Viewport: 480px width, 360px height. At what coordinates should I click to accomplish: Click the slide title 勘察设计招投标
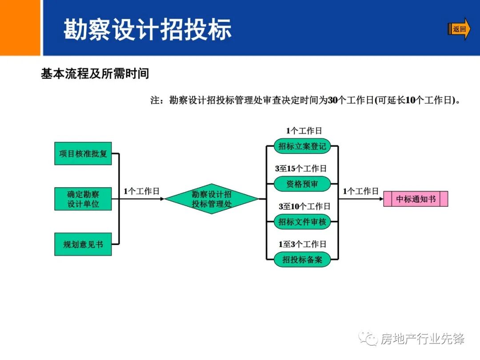[x=148, y=30]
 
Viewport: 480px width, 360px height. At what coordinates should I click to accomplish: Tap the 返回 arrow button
[x=459, y=29]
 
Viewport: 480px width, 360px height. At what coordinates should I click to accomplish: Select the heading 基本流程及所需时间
[x=95, y=73]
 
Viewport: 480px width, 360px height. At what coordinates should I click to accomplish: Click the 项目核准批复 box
[x=83, y=154]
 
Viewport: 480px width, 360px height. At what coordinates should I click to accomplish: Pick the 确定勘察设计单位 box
[x=83, y=199]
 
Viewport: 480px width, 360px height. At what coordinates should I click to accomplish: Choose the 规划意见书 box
[x=83, y=244]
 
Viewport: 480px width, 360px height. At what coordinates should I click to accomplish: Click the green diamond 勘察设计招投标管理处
[x=212, y=199]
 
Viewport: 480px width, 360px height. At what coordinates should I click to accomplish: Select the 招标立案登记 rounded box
[x=302, y=146]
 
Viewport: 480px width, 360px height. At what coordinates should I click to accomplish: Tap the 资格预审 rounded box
[x=302, y=184]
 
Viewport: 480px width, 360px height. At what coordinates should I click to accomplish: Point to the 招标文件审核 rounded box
[x=302, y=221]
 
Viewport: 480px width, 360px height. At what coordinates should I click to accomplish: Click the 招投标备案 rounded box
[x=302, y=259]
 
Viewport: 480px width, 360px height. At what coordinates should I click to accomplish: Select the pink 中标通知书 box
[x=416, y=199]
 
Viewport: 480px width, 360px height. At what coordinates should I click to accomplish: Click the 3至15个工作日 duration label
[x=301, y=169]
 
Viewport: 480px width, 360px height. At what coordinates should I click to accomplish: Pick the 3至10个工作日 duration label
[x=304, y=207]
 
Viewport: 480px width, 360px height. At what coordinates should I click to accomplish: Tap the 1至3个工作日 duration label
[x=302, y=244]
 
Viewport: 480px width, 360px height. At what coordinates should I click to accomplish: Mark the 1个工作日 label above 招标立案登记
[x=304, y=131]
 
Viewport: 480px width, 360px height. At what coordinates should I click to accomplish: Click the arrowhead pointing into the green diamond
[x=162, y=199]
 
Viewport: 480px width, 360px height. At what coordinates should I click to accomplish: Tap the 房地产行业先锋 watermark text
[x=422, y=339]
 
